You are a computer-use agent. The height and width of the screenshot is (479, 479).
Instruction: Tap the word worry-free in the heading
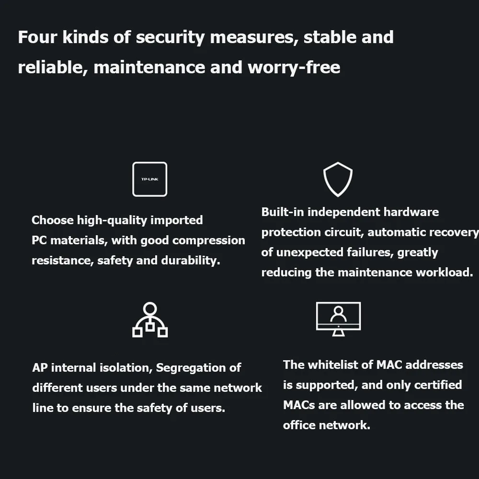(x=294, y=68)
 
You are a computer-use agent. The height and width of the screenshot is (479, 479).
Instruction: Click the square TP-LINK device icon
(x=150, y=179)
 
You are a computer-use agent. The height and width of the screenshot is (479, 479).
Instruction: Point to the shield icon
(x=338, y=179)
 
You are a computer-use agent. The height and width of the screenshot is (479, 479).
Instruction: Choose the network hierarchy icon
(x=150, y=320)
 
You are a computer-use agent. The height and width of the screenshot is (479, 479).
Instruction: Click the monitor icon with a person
(x=338, y=319)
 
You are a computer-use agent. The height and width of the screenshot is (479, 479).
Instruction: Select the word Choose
(x=53, y=220)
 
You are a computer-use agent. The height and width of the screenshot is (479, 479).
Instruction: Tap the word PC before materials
(x=39, y=240)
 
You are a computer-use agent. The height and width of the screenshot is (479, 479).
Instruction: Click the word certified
(x=438, y=385)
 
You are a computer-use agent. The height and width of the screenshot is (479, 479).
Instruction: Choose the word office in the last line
(x=297, y=425)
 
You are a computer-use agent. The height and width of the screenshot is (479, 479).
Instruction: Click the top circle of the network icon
(x=150, y=308)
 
